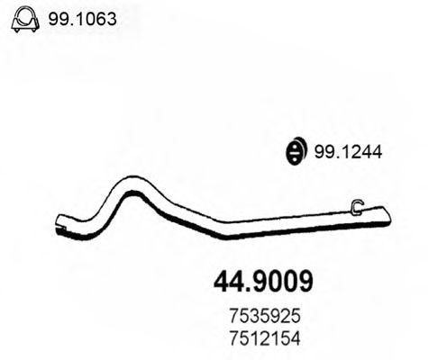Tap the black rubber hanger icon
point(294,153)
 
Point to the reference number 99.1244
point(348,153)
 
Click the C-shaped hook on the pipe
point(356,208)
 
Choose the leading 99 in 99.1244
point(322,153)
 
